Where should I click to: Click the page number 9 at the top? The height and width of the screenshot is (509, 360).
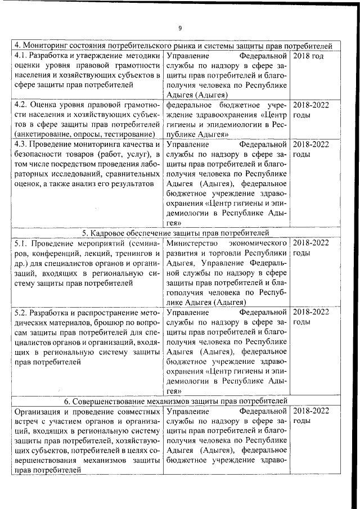pos(180,28)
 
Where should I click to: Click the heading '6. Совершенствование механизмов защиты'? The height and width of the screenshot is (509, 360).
pos(176,400)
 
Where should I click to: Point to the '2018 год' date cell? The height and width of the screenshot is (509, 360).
pos(309,57)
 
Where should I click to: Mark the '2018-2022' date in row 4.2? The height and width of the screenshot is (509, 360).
pos(311,105)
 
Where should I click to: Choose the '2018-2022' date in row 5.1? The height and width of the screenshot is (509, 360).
pos(311,243)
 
